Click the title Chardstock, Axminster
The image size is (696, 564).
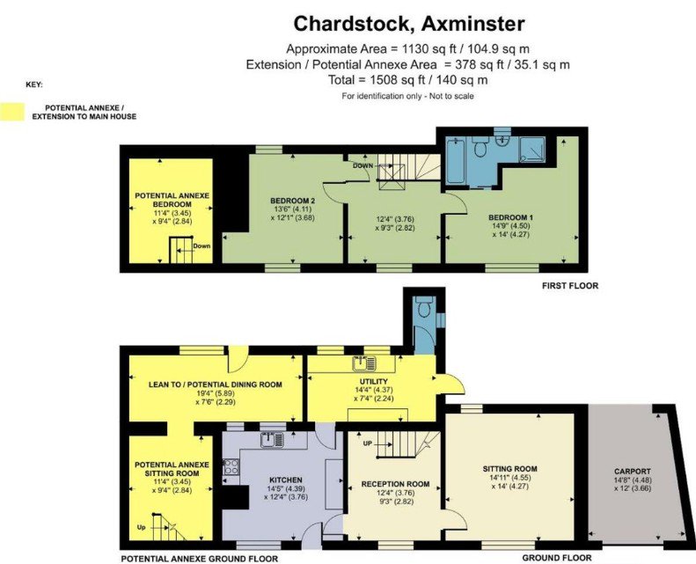pos(409,24)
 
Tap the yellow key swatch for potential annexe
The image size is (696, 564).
pos(12,112)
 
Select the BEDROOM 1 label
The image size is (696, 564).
pos(510,217)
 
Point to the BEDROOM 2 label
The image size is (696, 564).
pos(292,201)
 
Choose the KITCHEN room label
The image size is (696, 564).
pos(286,480)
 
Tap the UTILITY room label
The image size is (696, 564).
pos(374,381)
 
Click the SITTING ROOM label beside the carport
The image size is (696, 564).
pos(510,469)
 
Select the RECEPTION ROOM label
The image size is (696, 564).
pos(395,484)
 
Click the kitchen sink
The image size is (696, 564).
pos(272,440)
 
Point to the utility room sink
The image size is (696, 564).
pos(364,363)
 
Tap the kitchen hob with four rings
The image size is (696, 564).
pos(231,467)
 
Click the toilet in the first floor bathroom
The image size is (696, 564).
pos(480,146)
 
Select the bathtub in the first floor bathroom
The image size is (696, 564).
pos(456,161)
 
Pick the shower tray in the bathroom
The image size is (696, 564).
pos(532,150)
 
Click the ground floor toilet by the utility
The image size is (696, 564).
pos(424,306)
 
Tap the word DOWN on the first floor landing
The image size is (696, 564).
pos(363,165)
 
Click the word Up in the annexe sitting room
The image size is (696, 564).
pos(141,528)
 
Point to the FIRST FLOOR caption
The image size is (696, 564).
pos(570,286)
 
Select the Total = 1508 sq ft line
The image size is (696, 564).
pos(408,80)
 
